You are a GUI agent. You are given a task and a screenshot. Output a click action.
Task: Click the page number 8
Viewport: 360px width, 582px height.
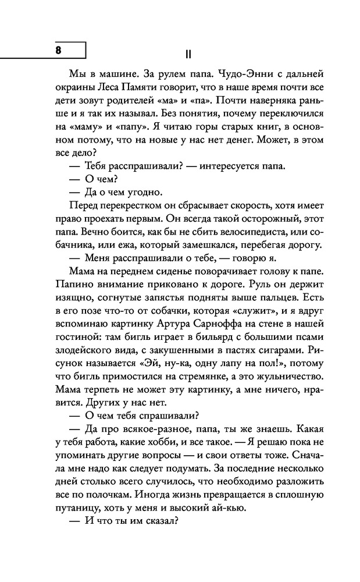(x=58, y=49)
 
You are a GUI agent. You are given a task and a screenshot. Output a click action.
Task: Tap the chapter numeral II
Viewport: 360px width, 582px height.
(x=187, y=54)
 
